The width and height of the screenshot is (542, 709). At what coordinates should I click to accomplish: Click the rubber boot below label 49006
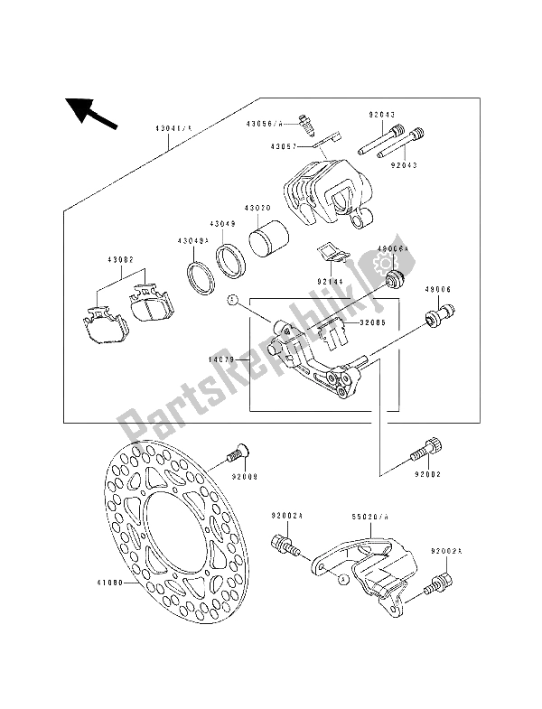coord(440,317)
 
